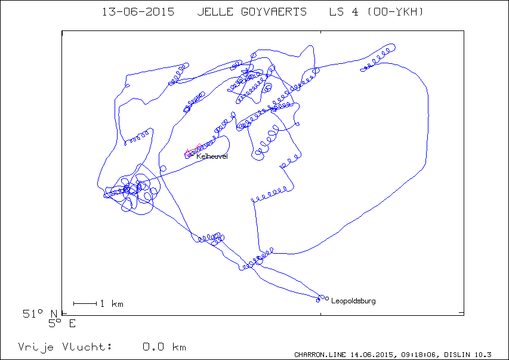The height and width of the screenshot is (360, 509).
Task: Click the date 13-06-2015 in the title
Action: (x=138, y=12)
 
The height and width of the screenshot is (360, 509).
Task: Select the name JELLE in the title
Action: (x=215, y=12)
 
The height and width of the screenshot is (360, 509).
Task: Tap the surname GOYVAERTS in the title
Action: (x=274, y=12)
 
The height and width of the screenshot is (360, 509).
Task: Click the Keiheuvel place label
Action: (x=212, y=156)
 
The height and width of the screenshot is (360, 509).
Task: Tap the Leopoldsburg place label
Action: (x=353, y=301)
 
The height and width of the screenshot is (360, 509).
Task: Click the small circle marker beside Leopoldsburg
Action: (x=327, y=299)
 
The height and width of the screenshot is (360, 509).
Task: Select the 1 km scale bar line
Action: (x=85, y=303)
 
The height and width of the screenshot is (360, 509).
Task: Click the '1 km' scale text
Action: (x=112, y=304)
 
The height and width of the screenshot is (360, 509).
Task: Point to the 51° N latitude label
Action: (x=39, y=313)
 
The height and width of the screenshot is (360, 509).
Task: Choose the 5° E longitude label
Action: (x=62, y=324)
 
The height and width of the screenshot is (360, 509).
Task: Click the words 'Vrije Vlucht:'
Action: (x=65, y=347)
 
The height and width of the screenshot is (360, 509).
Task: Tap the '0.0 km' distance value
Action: (x=164, y=347)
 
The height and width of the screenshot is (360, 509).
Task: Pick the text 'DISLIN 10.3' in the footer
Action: (x=468, y=355)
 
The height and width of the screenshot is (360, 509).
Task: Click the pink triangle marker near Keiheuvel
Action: (x=187, y=152)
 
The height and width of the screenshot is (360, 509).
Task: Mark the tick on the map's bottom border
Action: (x=320, y=313)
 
